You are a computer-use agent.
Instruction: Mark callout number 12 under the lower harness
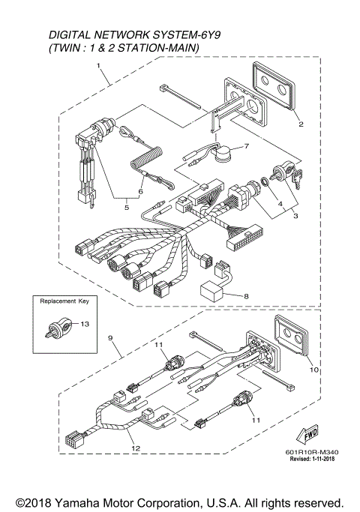click(x=136, y=448)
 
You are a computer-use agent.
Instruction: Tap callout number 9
click(x=111, y=338)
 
